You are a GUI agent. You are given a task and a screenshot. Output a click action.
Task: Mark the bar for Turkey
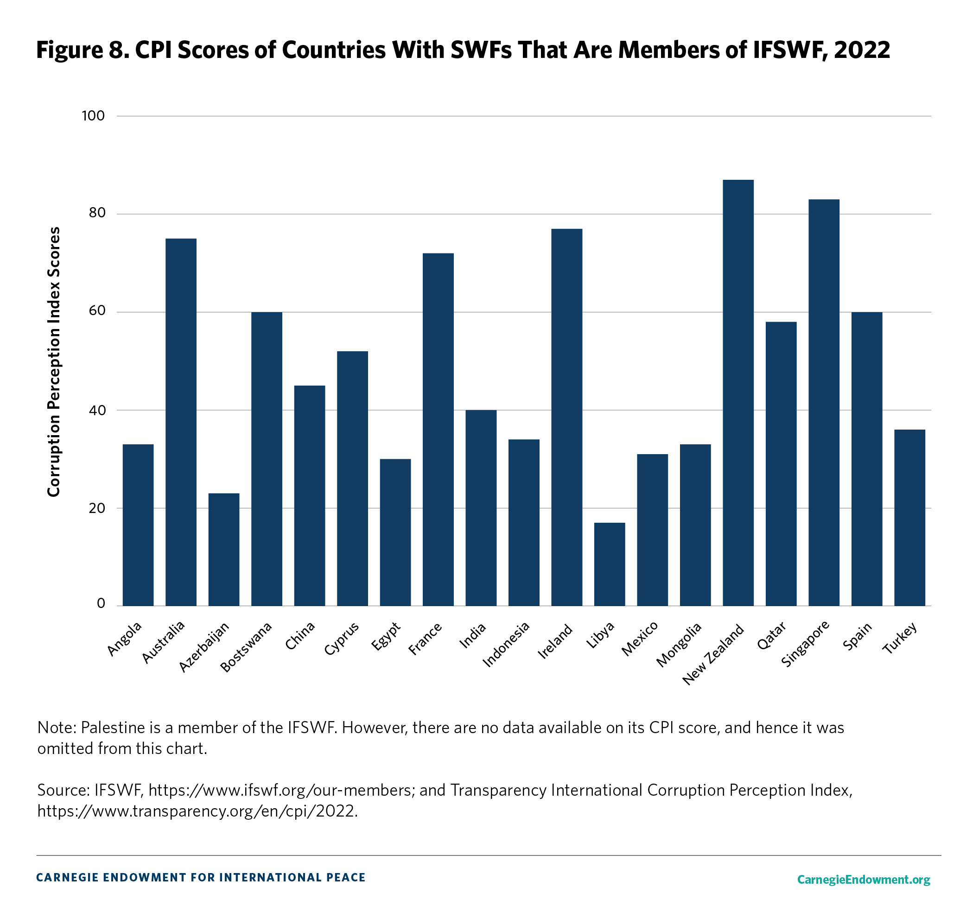909,518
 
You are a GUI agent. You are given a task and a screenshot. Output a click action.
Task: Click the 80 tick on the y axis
97,213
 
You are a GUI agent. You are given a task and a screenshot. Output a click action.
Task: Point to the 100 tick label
93,116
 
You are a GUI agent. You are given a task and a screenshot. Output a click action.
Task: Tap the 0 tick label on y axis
101,604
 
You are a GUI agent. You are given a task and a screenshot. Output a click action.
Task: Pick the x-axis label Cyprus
342,638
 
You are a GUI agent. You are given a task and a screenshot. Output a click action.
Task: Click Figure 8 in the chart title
82,50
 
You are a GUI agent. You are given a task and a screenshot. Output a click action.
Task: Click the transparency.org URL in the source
197,811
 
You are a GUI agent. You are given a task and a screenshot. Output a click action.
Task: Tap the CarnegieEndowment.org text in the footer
864,880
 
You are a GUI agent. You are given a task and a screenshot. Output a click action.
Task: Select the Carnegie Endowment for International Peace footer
201,878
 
